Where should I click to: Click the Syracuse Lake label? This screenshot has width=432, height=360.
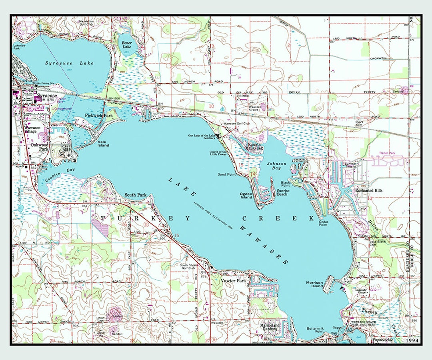click(69, 63)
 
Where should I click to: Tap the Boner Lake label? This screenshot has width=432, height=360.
click(126, 45)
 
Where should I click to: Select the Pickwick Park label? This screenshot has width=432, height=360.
click(99, 115)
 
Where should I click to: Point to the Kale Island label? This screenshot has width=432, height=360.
click(103, 144)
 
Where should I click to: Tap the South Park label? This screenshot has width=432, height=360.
click(136, 195)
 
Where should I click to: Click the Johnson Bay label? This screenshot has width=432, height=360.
click(277, 166)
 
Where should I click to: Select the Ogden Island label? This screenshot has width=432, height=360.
click(246, 195)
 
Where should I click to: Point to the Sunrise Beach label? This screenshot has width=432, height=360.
click(282, 192)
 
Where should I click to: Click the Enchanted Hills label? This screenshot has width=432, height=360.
click(369, 190)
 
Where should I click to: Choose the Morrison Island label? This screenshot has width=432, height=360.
click(314, 284)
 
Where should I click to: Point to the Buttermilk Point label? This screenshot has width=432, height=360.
click(315, 330)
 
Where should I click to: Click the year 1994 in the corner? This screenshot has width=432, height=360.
click(412, 340)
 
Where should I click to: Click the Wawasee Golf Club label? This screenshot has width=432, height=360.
click(236, 124)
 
